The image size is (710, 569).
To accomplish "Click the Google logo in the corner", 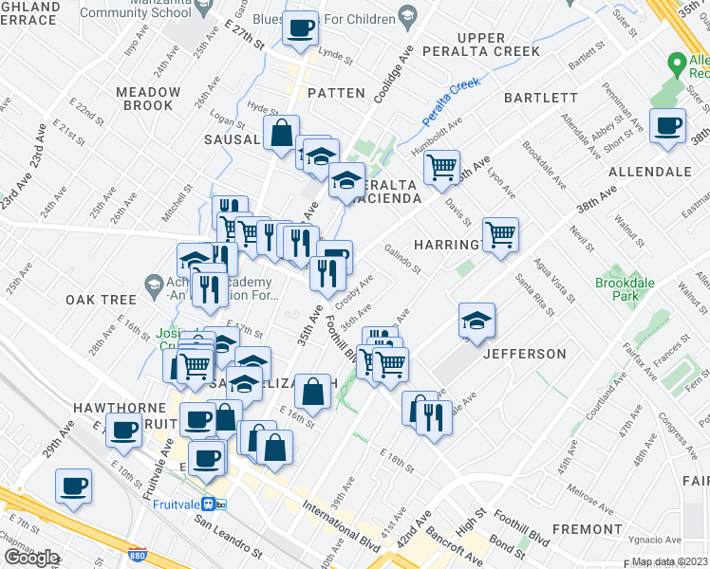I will click(x=32, y=557).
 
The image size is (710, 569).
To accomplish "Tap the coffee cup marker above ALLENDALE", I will click(x=667, y=124).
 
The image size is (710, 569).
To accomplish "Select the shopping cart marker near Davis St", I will click(x=441, y=168).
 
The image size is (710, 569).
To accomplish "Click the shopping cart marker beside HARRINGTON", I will click(x=499, y=233).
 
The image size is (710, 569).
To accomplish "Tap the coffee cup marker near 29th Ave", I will click(x=73, y=486).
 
